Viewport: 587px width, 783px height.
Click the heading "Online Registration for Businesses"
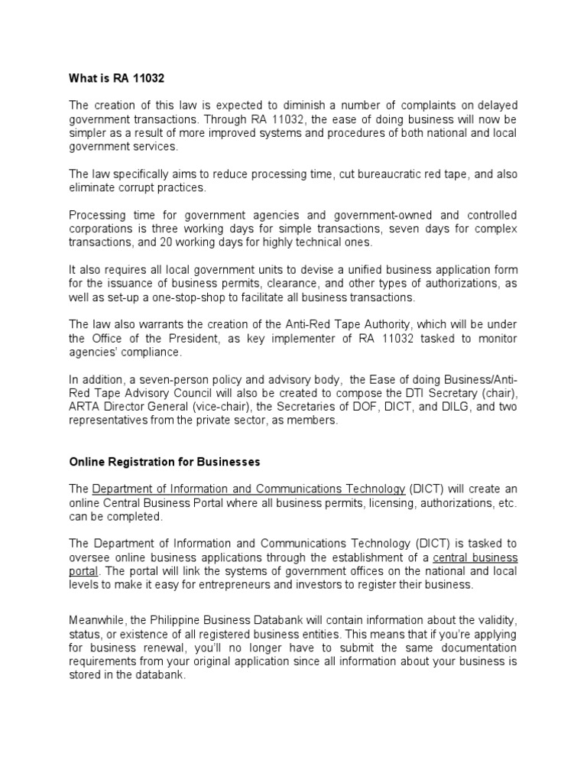click(x=165, y=462)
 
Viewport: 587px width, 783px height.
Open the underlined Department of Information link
click(x=248, y=489)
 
